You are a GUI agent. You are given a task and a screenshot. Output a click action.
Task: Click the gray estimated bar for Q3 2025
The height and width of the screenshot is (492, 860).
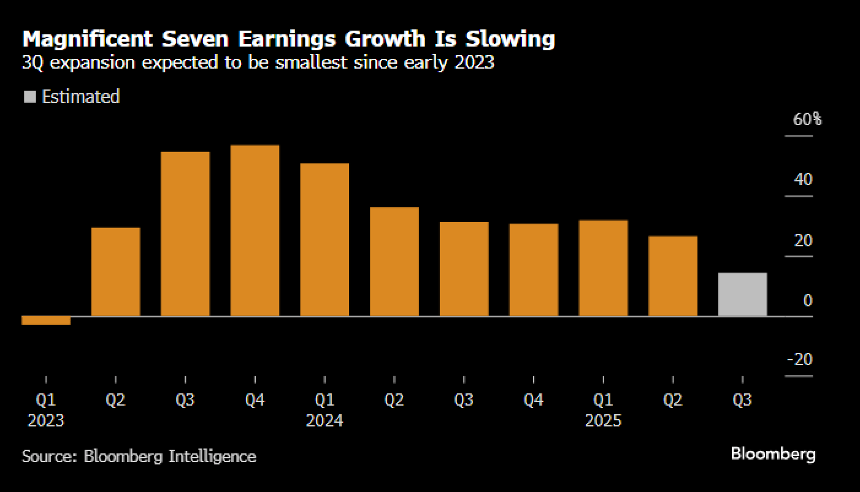coord(742,295)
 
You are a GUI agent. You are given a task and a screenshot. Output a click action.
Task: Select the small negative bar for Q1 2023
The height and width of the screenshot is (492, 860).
coord(46,320)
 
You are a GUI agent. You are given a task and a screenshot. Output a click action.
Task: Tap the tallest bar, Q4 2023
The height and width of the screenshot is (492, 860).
coord(255,230)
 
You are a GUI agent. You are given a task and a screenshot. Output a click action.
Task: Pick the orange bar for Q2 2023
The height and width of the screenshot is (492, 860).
coord(115,271)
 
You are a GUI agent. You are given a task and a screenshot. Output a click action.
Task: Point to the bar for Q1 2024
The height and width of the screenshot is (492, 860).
coord(324,240)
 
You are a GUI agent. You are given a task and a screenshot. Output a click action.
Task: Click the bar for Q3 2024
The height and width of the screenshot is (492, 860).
coord(464,269)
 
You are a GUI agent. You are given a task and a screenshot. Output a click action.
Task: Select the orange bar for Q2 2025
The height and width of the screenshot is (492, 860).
coord(673,276)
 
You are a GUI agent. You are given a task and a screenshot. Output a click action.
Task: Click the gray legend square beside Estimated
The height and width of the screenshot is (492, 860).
coord(29,97)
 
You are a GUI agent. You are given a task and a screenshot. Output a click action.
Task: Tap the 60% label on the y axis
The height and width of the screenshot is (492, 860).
coord(807,119)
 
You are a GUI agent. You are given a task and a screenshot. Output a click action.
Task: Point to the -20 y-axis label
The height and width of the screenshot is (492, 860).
coord(799,359)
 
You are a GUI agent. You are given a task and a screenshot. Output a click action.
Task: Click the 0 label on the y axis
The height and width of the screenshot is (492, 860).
coord(807,300)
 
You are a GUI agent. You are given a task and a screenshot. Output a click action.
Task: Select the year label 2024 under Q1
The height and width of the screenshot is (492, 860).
coord(324,421)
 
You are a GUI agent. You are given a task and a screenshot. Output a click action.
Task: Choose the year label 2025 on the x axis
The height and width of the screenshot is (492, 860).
coord(603,421)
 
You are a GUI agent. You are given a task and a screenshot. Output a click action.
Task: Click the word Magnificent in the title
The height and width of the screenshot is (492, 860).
coord(87,39)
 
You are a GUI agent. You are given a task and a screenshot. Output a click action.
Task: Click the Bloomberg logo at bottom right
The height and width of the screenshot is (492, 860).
coord(773,454)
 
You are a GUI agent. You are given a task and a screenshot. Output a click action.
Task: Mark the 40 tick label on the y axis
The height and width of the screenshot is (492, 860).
coord(802,180)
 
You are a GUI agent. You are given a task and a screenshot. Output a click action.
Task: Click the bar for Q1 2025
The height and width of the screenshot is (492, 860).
coord(603,268)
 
